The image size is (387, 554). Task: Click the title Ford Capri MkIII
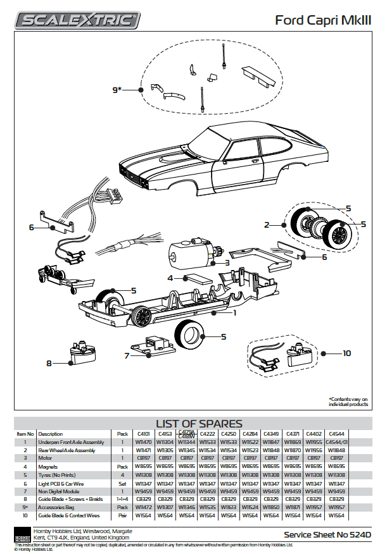click(323, 20)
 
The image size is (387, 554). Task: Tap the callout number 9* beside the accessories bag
click(117, 90)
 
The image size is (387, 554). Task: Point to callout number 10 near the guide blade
click(346, 353)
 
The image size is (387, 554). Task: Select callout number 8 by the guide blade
click(49, 363)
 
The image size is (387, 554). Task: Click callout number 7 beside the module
click(127, 356)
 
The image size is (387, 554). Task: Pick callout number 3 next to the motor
click(227, 262)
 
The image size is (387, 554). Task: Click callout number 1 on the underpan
click(234, 312)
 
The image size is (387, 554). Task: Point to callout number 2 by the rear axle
click(267, 225)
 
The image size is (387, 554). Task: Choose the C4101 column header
click(142, 434)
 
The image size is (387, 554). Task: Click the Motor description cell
click(47, 458)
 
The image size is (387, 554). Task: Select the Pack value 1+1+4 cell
click(122, 499)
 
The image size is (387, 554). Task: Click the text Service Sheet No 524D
click(327, 534)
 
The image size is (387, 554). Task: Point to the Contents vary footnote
click(348, 402)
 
